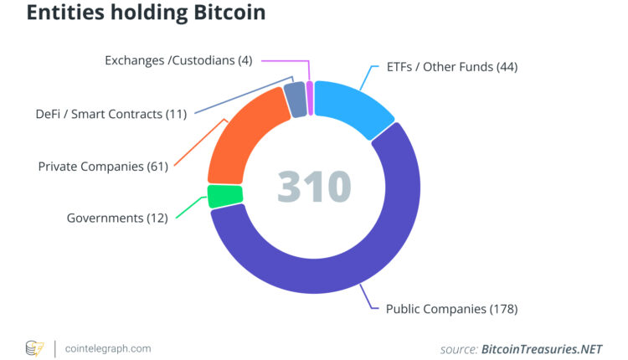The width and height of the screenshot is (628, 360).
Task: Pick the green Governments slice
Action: click(x=224, y=196)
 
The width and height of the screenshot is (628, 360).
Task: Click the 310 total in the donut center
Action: click(x=314, y=187)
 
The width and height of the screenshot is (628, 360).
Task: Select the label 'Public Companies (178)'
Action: click(x=451, y=309)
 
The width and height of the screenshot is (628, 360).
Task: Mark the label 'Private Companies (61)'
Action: click(x=103, y=166)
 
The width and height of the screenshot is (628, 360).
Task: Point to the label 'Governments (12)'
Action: click(x=117, y=218)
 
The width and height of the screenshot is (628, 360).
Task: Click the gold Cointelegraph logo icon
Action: click(x=34, y=347)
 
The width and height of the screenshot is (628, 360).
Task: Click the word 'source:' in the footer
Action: click(x=459, y=348)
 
